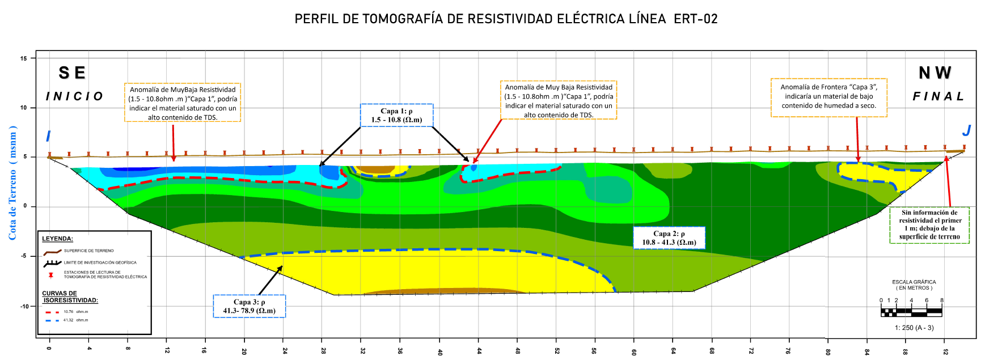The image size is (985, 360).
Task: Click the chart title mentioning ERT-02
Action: point(506,19)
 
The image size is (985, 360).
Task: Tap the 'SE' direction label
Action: point(72,73)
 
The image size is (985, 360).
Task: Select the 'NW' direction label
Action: point(935,73)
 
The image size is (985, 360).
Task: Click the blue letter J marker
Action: point(966,131)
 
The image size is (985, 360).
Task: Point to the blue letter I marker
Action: point(48,136)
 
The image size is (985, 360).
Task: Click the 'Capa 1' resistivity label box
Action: point(396,115)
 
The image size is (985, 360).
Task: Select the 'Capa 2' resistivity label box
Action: point(669,238)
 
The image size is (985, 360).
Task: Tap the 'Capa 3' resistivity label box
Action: point(249,306)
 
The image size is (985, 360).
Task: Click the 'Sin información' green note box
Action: point(930,225)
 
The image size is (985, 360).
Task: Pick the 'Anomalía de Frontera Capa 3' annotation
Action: point(828,96)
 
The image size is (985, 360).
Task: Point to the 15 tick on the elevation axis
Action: point(24,58)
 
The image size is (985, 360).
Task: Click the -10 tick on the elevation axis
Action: point(24,307)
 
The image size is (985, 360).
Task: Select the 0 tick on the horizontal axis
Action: point(49,348)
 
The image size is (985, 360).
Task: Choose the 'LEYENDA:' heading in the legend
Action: point(57,239)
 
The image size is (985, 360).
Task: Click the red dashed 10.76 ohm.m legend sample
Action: point(52,312)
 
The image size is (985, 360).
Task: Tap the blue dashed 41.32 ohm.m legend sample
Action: point(52,320)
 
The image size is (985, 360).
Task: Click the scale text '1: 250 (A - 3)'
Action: point(914,328)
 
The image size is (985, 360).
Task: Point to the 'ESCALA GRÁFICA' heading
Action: point(914,282)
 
